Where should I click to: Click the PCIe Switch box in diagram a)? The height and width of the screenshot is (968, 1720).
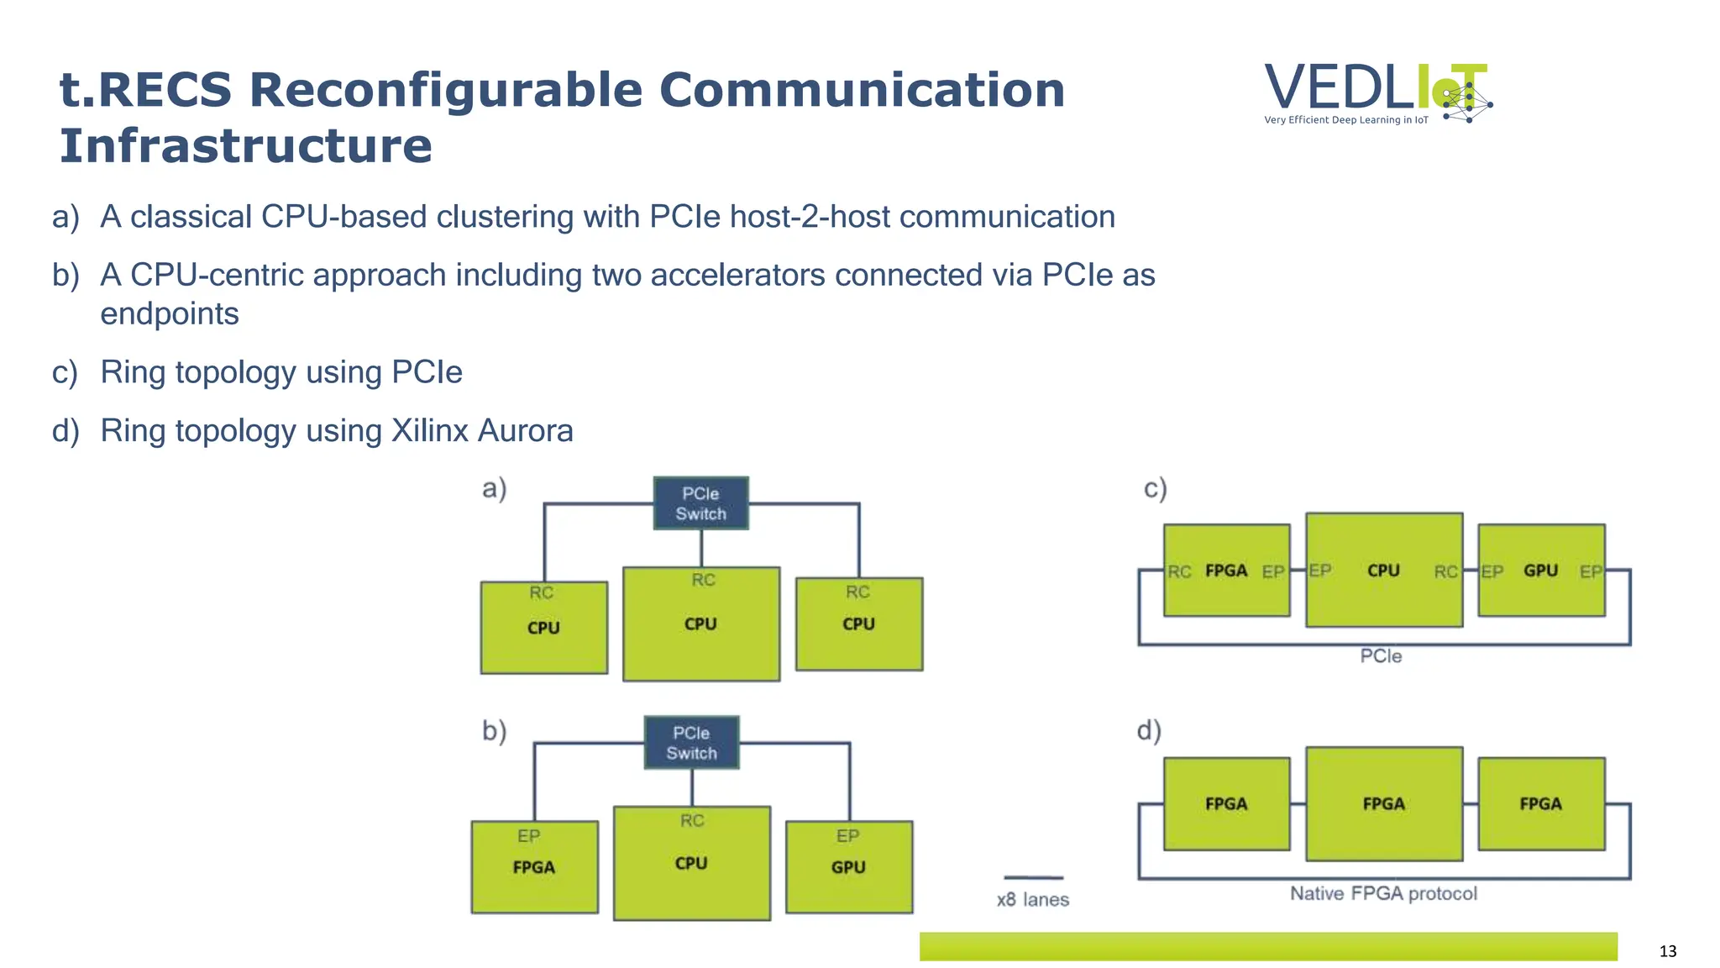(700, 503)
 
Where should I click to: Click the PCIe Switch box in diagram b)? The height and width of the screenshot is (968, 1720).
(691, 743)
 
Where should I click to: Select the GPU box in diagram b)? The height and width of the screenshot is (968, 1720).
(848, 867)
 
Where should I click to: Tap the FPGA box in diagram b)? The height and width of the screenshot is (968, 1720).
(534, 867)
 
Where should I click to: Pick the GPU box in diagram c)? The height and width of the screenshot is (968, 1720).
(1540, 571)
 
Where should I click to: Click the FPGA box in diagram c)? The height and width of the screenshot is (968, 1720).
(1226, 571)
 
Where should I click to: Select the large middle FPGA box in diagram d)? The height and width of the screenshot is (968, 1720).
(1383, 804)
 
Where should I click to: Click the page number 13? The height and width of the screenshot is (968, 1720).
(1667, 951)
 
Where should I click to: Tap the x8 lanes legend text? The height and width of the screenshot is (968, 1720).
(1032, 900)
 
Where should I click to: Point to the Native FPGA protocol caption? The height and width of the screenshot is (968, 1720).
(1382, 893)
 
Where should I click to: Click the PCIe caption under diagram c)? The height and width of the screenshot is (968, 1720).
(1381, 656)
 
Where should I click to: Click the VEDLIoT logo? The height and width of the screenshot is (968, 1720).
(1377, 92)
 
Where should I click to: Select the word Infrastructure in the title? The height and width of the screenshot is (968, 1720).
(245, 145)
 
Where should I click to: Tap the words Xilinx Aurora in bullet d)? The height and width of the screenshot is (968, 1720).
(482, 430)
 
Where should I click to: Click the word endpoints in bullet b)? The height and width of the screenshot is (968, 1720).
(170, 313)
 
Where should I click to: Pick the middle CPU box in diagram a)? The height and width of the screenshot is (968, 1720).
(700, 624)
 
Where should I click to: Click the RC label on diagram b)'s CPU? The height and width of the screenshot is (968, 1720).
(692, 820)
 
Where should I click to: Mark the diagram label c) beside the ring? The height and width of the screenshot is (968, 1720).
(1156, 488)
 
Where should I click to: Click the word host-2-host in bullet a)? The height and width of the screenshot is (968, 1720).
(809, 217)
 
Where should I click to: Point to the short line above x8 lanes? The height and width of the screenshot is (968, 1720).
(1033, 877)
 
